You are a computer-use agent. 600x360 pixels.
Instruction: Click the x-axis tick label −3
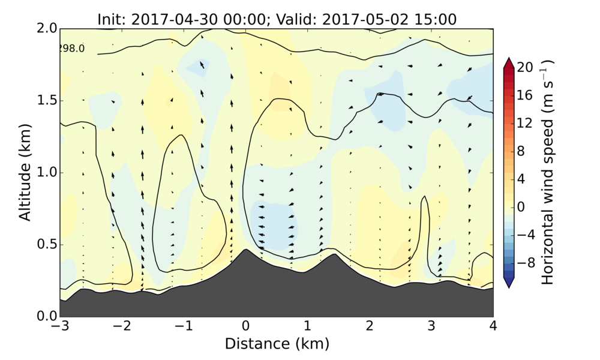tap(58, 327)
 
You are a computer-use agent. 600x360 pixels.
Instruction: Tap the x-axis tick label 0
tap(245, 327)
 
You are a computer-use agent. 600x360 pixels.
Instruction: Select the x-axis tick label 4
tap(493, 327)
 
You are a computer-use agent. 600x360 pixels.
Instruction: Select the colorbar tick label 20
tap(526, 68)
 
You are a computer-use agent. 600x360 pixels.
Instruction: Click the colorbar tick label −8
tap(526, 262)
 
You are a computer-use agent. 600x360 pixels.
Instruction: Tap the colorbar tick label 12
tap(526, 123)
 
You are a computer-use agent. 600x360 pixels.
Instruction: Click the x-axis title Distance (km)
tap(277, 344)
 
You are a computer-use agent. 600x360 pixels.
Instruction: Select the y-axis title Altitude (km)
tap(25, 173)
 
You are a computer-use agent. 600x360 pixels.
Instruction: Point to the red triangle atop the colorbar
tap(508, 62)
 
